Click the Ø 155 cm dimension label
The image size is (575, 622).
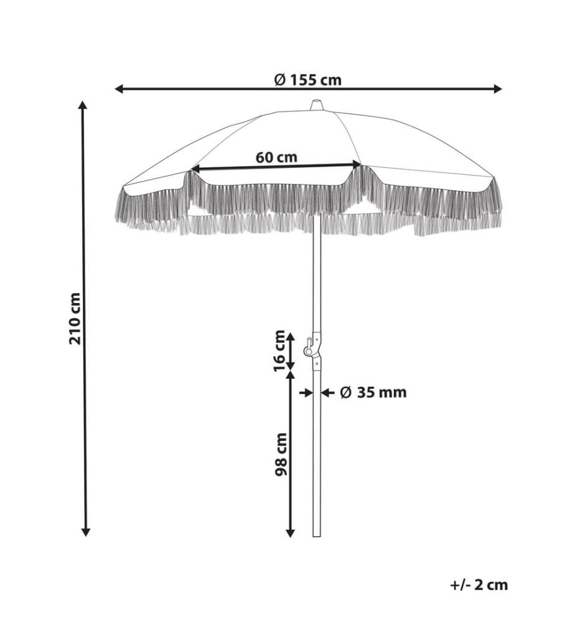[x=308, y=80]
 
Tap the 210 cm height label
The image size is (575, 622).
[x=75, y=318]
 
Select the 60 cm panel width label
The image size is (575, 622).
[x=276, y=157]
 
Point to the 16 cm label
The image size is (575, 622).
[x=280, y=351]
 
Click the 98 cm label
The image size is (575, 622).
[x=281, y=454]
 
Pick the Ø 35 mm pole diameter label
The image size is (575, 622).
[x=373, y=392]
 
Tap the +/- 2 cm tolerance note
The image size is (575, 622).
[x=479, y=585]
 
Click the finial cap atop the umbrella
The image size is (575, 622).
[x=316, y=104]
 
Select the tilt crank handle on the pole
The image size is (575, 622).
[x=308, y=346]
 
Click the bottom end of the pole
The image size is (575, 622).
[x=317, y=536]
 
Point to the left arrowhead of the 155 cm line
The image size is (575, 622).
[x=119, y=89]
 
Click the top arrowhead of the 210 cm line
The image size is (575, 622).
[x=83, y=106]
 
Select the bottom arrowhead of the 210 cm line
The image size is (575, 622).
[x=85, y=532]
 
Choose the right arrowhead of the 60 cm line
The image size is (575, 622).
[x=357, y=164]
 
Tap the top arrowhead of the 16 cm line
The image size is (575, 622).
[x=291, y=338]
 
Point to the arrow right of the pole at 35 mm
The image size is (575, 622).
[x=327, y=392]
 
